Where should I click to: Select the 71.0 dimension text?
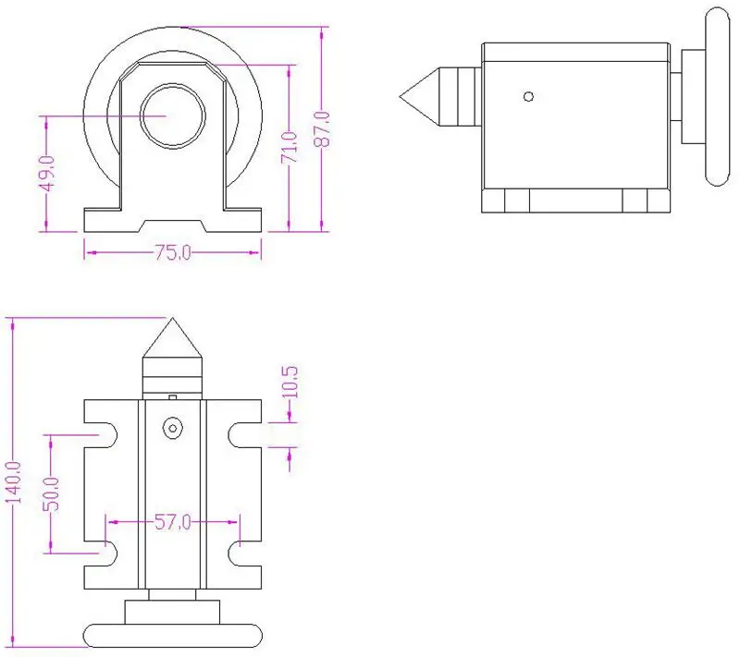[x=290, y=149]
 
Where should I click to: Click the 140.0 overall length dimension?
[x=13, y=481]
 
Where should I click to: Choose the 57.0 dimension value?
[x=172, y=522]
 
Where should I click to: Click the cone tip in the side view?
[x=403, y=95]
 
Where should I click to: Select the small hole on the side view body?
[x=528, y=95]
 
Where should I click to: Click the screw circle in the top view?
[x=172, y=428]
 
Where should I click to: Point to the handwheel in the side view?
[x=716, y=95]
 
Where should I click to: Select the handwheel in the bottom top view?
[x=172, y=635]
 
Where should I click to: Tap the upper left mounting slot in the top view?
[x=104, y=432]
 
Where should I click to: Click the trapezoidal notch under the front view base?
[x=172, y=225]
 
